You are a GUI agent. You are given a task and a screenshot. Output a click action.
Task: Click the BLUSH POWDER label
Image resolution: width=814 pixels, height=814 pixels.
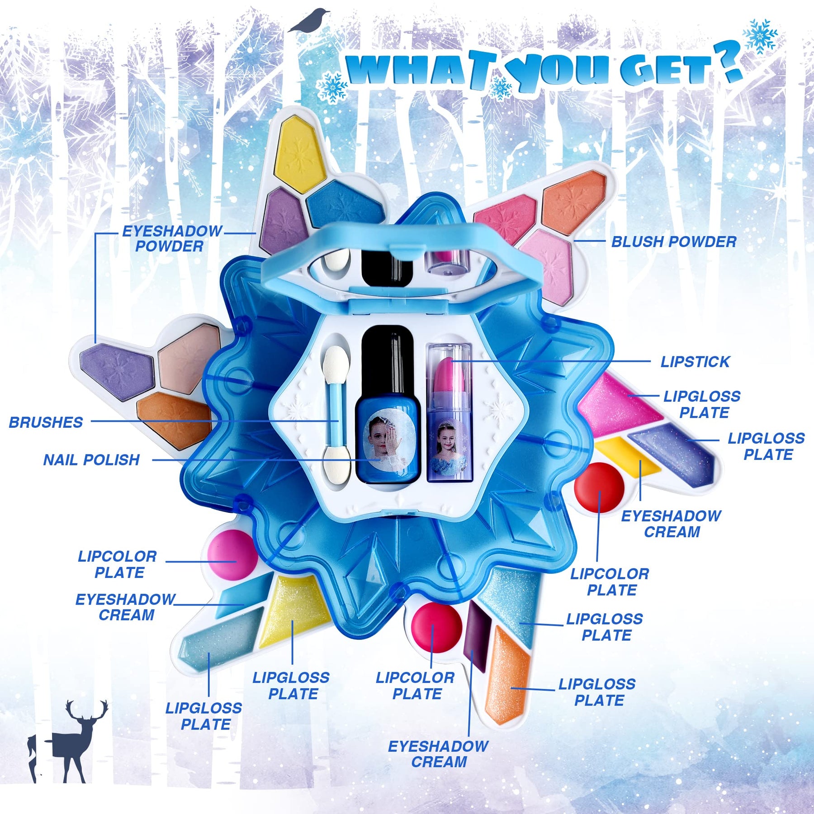[x=674, y=242]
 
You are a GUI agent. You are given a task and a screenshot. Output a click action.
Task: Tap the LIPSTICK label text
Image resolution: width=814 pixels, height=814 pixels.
[x=695, y=362]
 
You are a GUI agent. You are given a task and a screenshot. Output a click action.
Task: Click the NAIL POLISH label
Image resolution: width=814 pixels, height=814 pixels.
[x=91, y=460]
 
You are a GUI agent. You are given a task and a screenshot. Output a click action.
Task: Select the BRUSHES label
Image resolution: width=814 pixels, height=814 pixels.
[x=46, y=422]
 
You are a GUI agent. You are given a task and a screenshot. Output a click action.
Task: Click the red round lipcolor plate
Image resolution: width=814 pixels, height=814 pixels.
[x=599, y=487]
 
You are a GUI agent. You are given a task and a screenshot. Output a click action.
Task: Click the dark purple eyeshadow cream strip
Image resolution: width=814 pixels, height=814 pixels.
[x=478, y=635]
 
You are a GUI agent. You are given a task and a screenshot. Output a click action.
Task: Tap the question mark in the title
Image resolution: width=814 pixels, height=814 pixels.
[x=728, y=61]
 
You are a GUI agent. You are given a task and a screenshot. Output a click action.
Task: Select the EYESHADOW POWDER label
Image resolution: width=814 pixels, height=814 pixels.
[x=172, y=239]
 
